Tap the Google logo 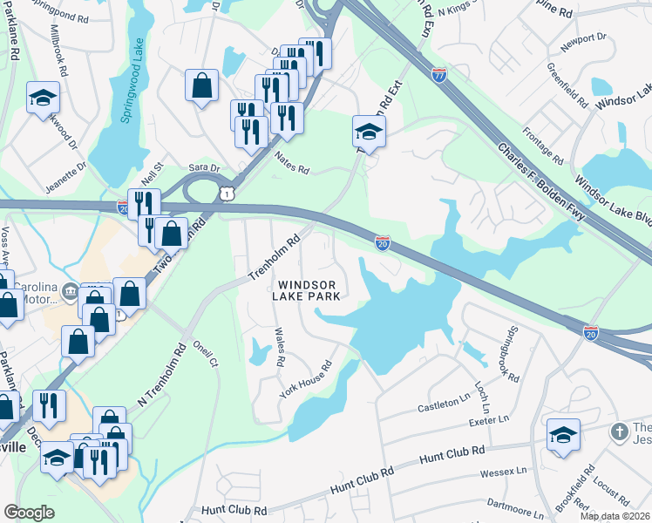[29, 513]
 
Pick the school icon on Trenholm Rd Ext [369, 132]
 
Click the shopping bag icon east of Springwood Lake [201, 85]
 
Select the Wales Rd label [280, 347]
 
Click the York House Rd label [306, 380]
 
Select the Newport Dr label [584, 39]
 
